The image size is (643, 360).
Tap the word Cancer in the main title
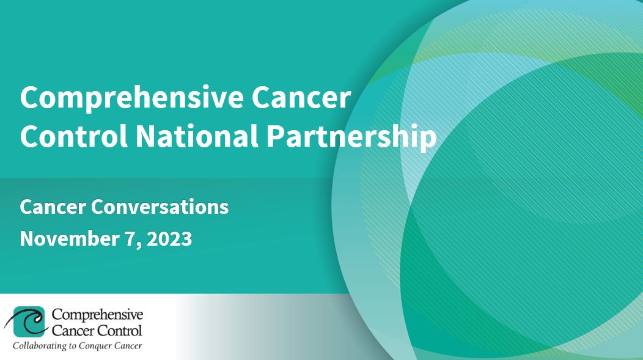301,98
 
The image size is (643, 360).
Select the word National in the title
197,136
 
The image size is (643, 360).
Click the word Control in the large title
73,136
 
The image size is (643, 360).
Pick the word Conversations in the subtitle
160,207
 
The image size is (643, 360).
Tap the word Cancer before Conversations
53,207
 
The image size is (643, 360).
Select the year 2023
169,238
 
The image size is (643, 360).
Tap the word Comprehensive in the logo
97,315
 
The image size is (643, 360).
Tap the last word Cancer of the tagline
128,346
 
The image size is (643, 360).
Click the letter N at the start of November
27,238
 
